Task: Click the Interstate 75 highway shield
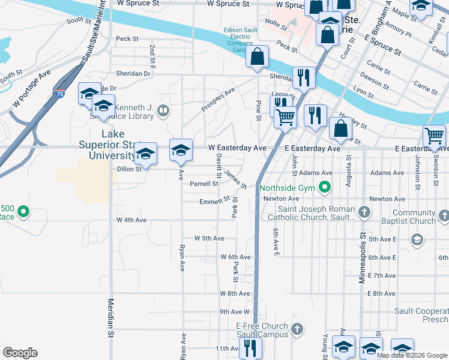pyautogui.click(x=59, y=94)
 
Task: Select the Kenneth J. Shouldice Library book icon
pyautogui.click(x=162, y=110)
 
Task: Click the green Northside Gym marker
pyautogui.click(x=325, y=187)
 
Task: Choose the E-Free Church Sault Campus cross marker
pyautogui.click(x=297, y=329)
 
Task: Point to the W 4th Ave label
pyautogui.click(x=131, y=220)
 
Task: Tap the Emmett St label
pyautogui.click(x=215, y=201)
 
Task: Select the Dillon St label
pyautogui.click(x=128, y=169)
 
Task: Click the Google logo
pyautogui.click(x=20, y=353)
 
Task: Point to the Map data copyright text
pyautogui.click(x=411, y=355)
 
